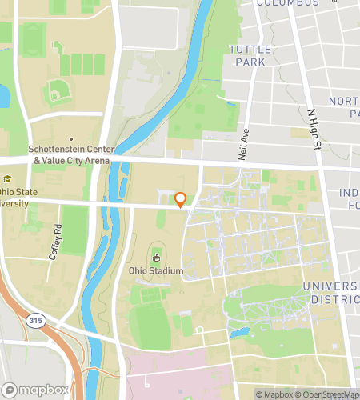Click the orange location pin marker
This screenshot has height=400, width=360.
[x=181, y=200]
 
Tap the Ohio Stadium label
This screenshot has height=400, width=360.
[x=156, y=270]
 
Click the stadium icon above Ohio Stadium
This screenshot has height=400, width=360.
[x=156, y=258]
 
